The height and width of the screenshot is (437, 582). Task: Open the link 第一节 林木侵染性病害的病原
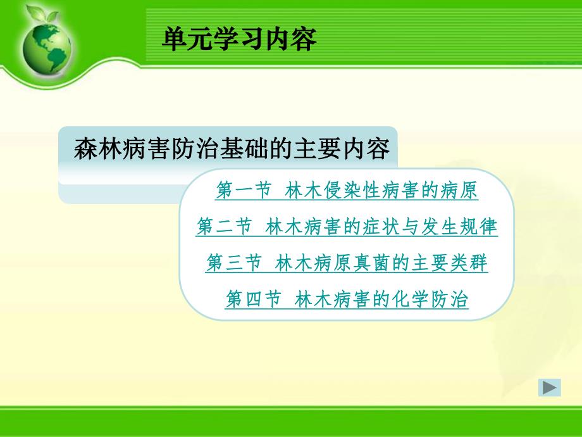pyautogui.click(x=347, y=191)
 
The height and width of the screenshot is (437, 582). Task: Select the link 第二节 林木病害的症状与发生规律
pyautogui.click(x=347, y=227)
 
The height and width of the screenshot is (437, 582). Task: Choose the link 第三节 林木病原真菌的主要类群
pyautogui.click(x=347, y=263)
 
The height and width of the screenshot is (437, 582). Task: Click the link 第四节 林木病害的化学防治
pyautogui.click(x=347, y=299)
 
